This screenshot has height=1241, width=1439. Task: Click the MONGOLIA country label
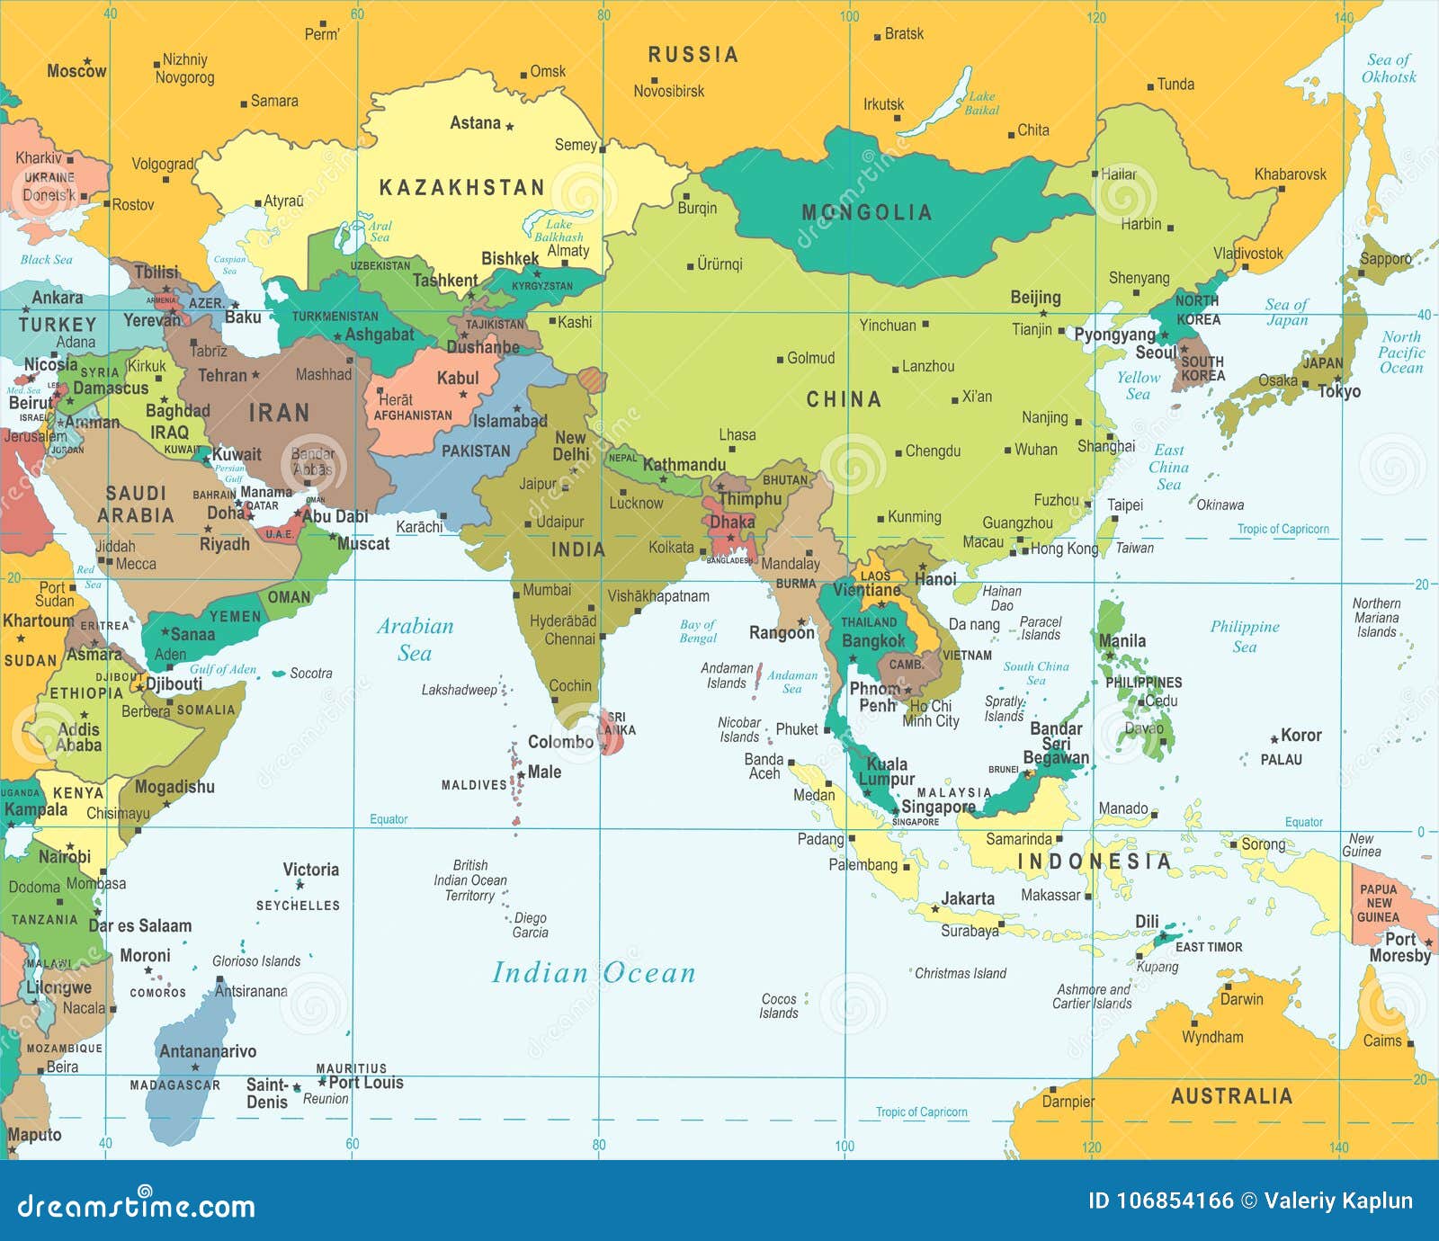coord(866,212)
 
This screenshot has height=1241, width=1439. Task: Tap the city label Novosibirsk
coord(668,91)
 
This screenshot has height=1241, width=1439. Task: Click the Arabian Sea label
coord(415,639)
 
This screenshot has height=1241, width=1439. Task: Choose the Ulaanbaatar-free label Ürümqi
coord(719,264)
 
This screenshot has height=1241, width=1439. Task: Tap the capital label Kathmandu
coord(684,465)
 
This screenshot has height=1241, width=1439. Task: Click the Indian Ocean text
coord(594,973)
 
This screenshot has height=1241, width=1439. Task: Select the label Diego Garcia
coord(530,925)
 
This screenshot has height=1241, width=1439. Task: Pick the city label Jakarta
coord(968,898)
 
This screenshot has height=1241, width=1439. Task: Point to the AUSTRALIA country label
coord(1231,1096)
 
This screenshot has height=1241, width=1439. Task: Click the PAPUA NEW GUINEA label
coord(1378,903)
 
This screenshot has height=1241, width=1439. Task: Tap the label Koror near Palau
coord(1300,735)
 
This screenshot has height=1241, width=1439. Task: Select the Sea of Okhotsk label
coord(1389,68)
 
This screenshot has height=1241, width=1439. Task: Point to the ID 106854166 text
coord(1160,1201)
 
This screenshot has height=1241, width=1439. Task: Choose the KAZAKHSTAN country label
coord(461,188)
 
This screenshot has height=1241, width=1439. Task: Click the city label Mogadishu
coord(174,787)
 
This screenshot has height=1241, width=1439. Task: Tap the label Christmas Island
coord(960,973)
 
